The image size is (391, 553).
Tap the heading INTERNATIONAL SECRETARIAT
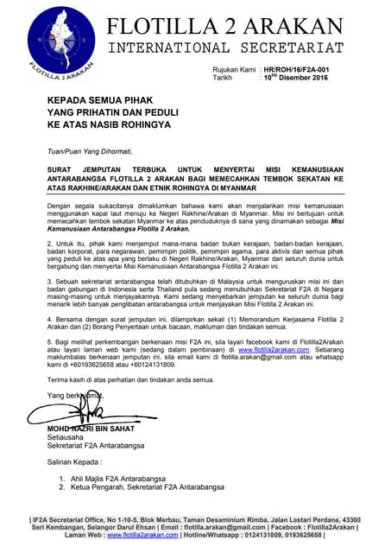point(227,47)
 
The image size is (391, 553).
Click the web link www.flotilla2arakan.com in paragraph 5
point(274,350)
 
